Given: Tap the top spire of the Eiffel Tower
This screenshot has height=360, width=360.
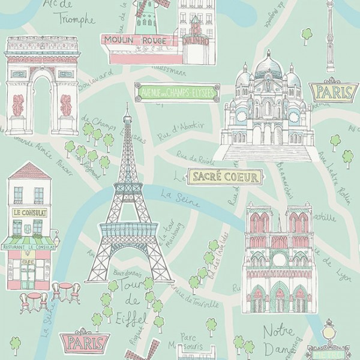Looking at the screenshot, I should click(127, 109).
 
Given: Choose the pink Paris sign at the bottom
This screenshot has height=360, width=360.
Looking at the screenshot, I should click(83, 342).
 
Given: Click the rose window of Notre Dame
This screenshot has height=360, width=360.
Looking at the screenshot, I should click(279, 260).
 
